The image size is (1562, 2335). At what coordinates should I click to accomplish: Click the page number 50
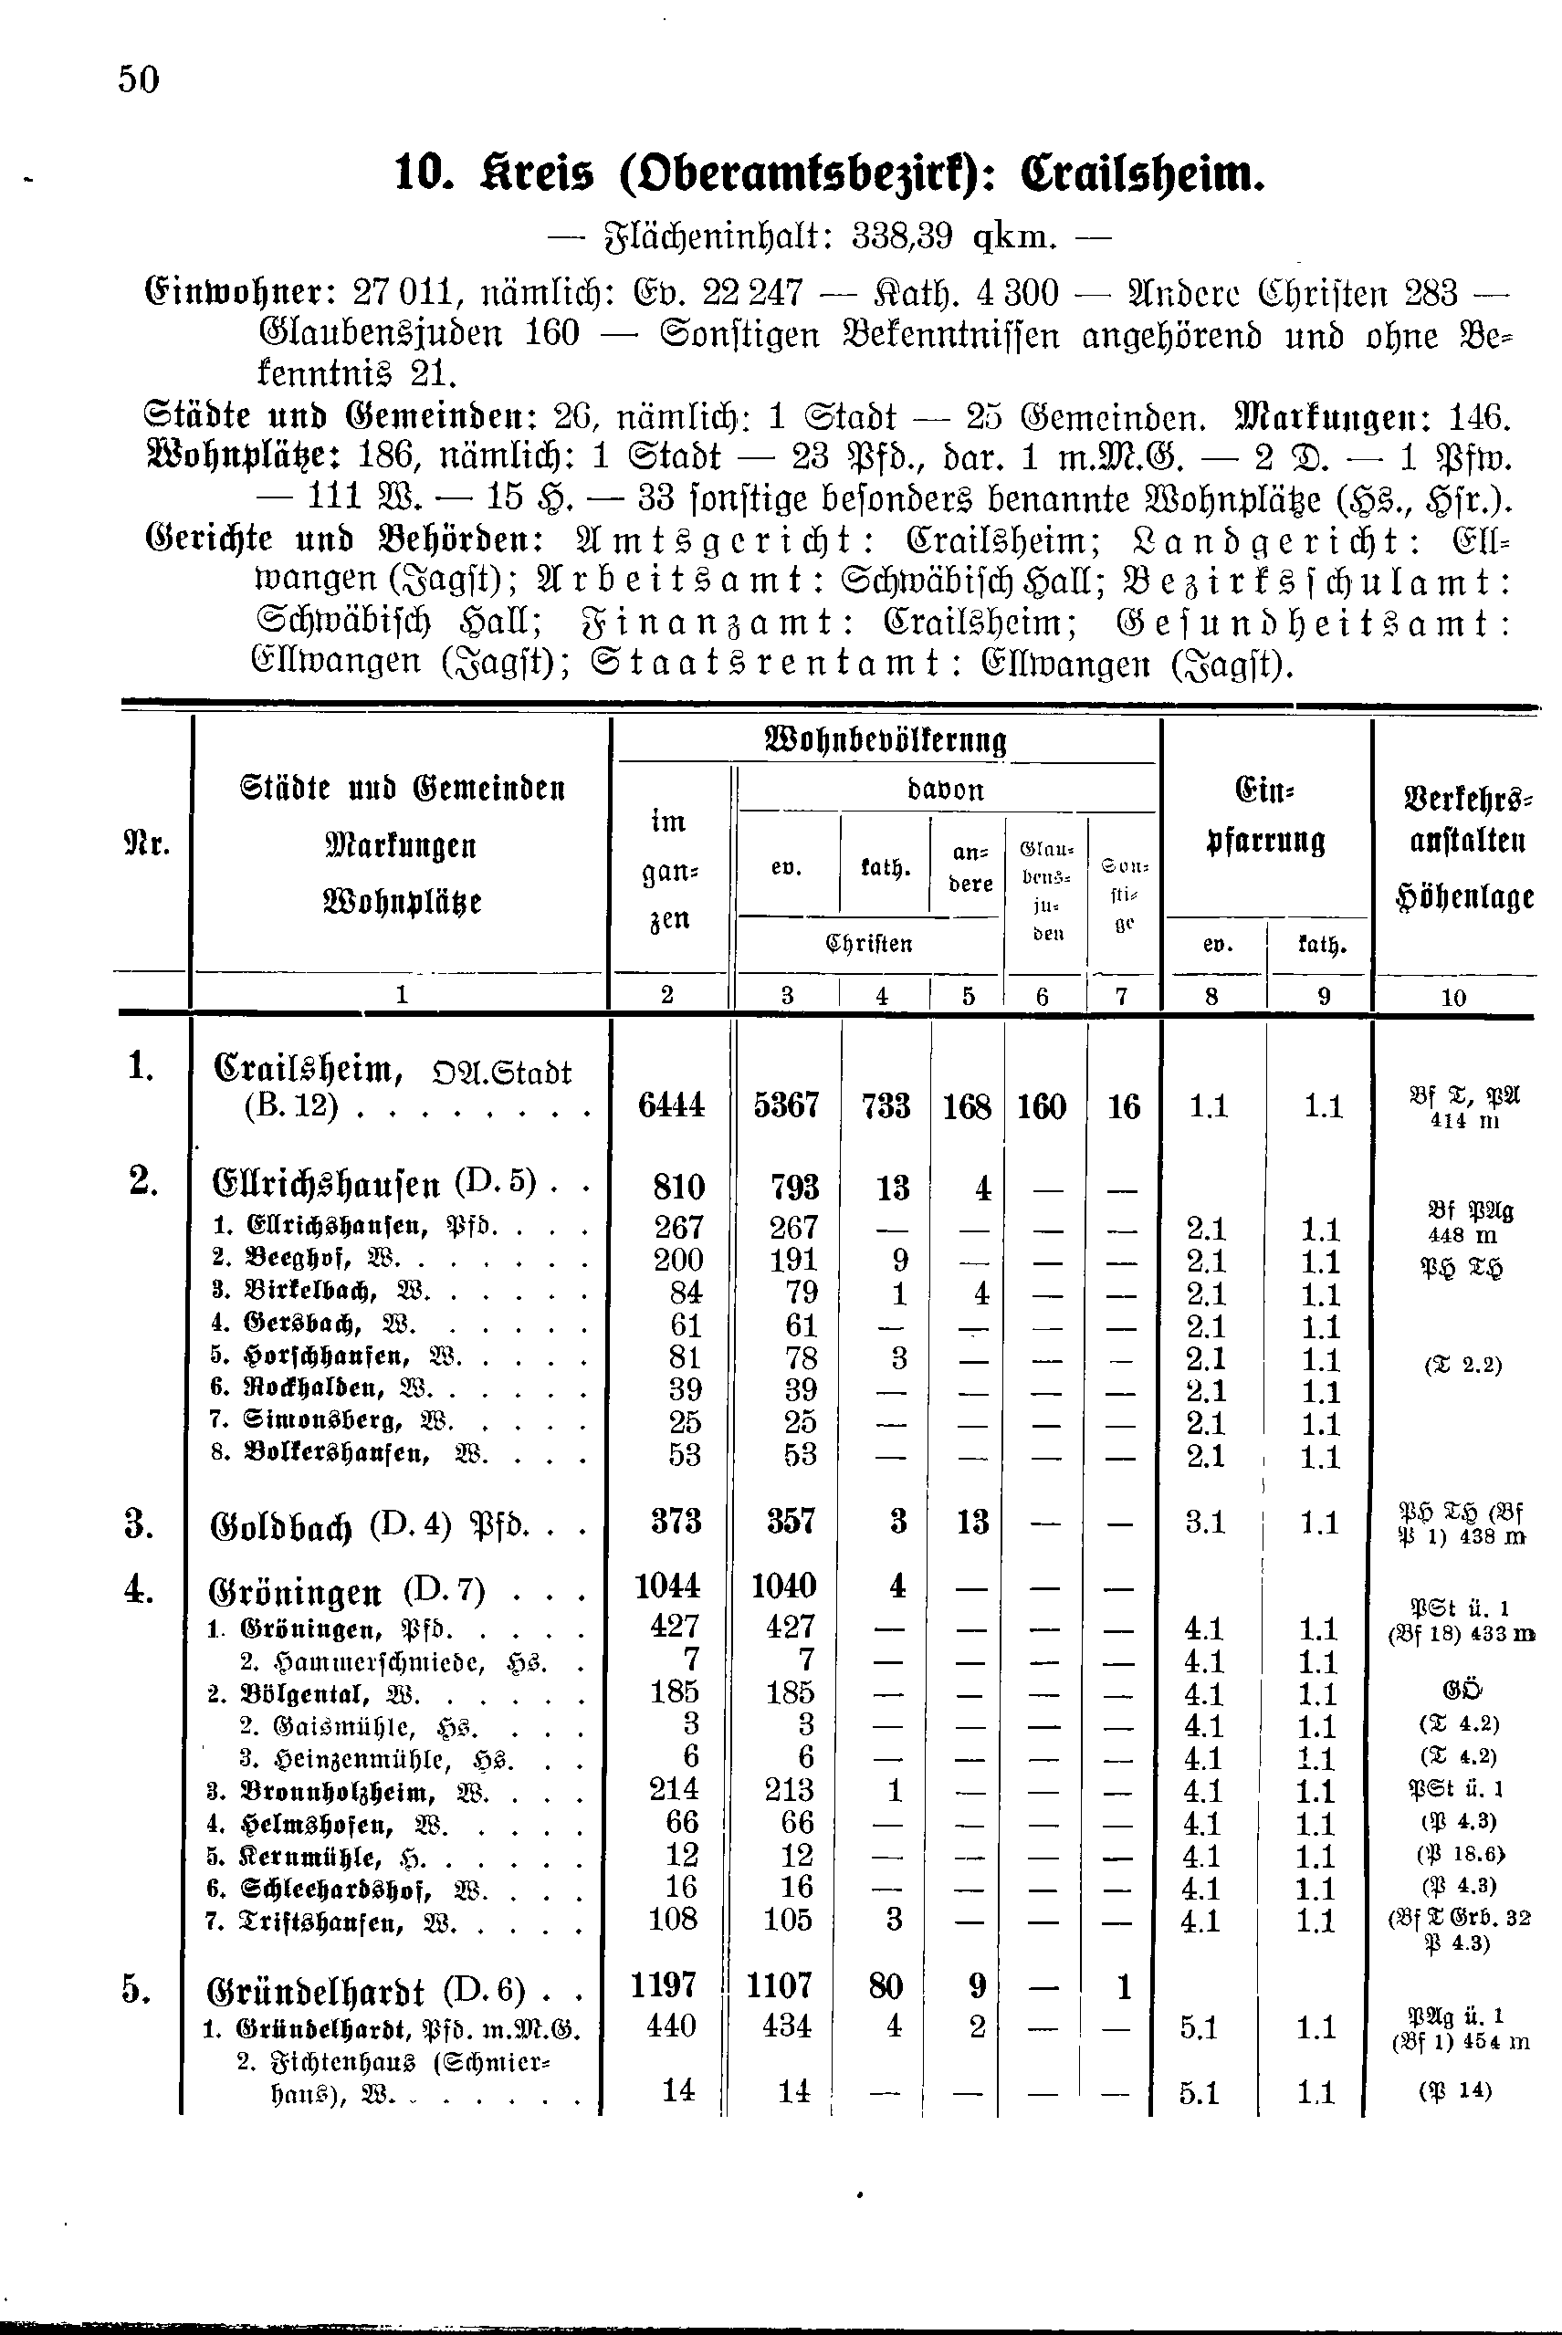pyautogui.click(x=139, y=79)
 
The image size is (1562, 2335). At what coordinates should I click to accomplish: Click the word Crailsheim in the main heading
pyautogui.click(x=1144, y=174)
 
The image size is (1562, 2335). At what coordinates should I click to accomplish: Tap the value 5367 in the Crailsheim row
pyautogui.click(x=787, y=1105)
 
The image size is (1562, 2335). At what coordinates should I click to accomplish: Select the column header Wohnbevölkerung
pyautogui.click(x=886, y=741)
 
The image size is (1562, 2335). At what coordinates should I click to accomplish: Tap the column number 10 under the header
pyautogui.click(x=1453, y=996)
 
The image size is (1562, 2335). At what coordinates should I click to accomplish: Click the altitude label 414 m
pyautogui.click(x=1463, y=1122)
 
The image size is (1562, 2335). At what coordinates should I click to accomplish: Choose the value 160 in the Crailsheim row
pyautogui.click(x=1042, y=1106)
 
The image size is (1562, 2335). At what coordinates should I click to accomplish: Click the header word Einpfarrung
pyautogui.click(x=1265, y=818)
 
